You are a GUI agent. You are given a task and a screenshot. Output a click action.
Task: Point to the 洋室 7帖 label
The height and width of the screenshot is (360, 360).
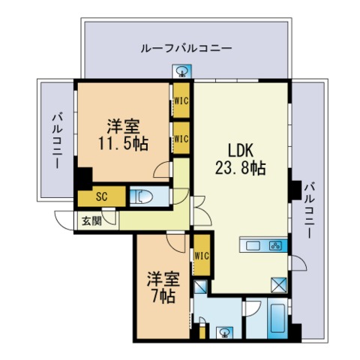(161, 287)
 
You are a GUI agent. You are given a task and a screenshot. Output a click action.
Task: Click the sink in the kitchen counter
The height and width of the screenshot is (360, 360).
(252, 246)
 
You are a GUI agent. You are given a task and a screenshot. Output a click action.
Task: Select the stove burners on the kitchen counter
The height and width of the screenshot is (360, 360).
(274, 246)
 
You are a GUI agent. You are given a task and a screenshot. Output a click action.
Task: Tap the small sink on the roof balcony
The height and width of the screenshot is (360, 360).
(183, 73)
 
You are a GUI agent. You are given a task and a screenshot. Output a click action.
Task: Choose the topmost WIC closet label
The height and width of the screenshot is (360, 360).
(181, 98)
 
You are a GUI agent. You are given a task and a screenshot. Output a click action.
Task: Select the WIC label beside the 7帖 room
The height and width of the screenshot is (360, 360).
(201, 256)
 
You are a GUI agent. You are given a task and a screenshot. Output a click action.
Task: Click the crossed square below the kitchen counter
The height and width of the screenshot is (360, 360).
(278, 284)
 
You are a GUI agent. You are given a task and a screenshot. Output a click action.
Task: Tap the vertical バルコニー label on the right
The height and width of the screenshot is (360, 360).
(308, 212)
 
